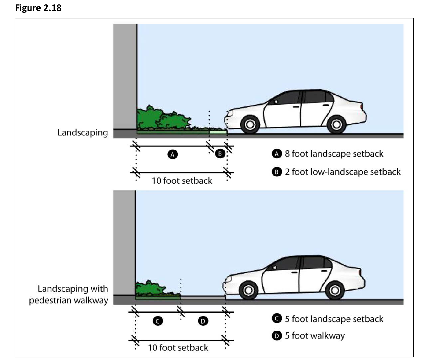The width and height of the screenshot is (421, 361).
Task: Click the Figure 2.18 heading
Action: tap(38, 8)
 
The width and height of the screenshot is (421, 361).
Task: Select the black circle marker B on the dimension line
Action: tap(219, 154)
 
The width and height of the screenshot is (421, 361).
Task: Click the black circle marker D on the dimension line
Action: tap(203, 321)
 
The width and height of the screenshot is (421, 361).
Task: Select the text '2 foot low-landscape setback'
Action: tap(342, 172)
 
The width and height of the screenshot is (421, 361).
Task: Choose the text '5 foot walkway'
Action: tap(315, 336)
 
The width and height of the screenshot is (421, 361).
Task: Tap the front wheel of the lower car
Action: tap(248, 290)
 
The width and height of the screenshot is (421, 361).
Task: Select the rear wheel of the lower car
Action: tap(334, 290)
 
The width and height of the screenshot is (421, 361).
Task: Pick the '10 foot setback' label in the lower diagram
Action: tap(178, 347)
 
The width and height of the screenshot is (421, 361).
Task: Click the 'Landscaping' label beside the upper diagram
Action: tap(83, 133)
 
